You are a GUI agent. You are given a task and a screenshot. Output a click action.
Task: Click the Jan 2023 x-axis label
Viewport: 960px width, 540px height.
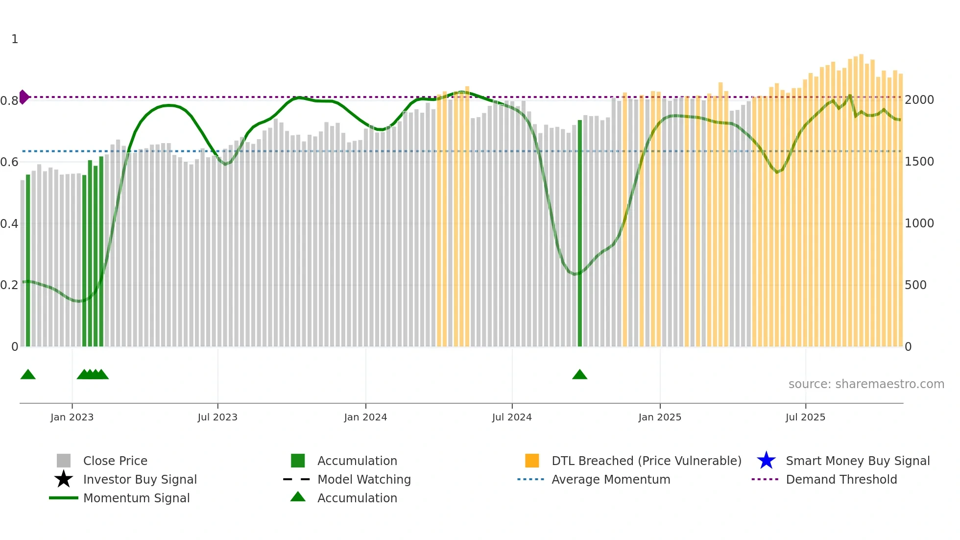[x=72, y=417]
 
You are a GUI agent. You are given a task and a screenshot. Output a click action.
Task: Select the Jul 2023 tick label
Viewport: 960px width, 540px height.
[x=217, y=417]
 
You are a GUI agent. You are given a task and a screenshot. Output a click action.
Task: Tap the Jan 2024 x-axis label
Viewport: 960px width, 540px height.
[x=365, y=417]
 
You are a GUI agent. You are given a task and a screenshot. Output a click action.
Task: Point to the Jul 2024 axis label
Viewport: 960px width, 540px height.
[x=512, y=417]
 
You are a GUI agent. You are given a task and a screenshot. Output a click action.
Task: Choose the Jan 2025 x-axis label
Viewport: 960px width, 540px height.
[x=660, y=417]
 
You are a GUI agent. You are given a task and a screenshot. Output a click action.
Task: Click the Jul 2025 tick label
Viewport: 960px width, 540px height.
[x=805, y=417]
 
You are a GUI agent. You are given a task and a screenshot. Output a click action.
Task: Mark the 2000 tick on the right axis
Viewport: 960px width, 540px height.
[x=919, y=100]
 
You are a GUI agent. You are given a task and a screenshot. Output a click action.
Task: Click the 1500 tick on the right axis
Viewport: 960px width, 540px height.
[x=919, y=162]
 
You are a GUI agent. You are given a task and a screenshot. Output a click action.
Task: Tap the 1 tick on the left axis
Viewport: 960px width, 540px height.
[x=15, y=39]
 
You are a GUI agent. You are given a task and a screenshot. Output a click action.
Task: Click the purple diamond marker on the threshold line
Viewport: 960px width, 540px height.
[x=24, y=97]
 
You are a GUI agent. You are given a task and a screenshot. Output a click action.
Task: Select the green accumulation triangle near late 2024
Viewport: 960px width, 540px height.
[x=579, y=375]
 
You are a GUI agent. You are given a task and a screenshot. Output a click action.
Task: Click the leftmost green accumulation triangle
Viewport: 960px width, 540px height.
[x=28, y=375]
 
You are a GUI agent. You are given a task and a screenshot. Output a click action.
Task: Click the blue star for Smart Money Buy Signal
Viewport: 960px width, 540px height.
[x=766, y=461]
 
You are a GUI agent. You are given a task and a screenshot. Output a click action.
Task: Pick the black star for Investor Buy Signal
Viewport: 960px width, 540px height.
[x=64, y=479]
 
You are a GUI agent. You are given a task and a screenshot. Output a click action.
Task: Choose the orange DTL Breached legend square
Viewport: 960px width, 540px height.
[x=532, y=461]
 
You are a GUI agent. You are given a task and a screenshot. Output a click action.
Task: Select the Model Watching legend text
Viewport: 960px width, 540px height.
[x=364, y=479]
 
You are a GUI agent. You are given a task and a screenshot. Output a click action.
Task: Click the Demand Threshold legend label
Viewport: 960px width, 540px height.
[x=841, y=479]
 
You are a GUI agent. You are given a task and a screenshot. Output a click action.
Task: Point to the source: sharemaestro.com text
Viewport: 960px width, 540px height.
[x=866, y=384]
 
